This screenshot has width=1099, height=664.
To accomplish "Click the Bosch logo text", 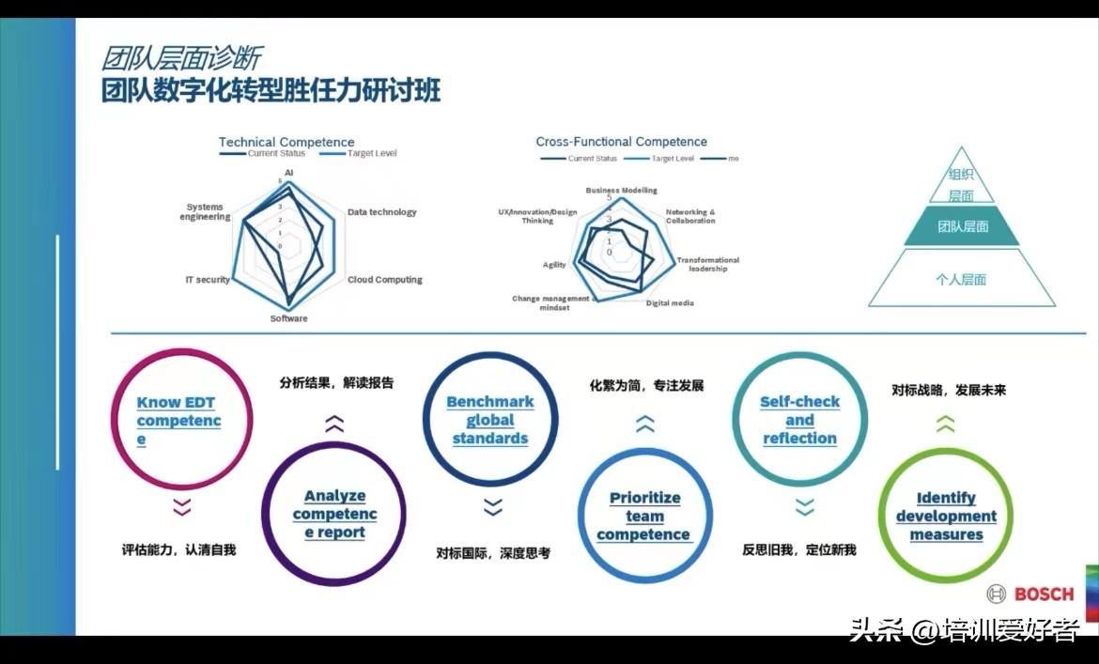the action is [1044, 594].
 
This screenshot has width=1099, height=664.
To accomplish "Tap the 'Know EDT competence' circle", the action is [180, 419].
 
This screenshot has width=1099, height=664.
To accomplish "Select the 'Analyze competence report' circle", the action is [333, 514].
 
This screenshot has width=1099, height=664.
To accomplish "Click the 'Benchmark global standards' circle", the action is [490, 419].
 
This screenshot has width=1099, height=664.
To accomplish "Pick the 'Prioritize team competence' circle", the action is [644, 516].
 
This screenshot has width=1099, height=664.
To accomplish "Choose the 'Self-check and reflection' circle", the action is [799, 419].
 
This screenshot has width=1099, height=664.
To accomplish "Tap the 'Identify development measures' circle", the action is [946, 516].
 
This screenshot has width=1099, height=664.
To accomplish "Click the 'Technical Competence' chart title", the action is [286, 142].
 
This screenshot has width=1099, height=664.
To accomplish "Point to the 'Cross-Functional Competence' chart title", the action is [621, 142].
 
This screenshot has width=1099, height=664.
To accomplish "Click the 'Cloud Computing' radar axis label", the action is [384, 280].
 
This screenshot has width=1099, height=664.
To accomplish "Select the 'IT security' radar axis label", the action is [208, 280].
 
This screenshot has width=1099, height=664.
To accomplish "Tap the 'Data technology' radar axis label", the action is [381, 212].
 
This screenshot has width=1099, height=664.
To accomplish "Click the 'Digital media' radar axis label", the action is [670, 303].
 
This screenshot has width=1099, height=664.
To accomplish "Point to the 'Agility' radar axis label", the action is [554, 265].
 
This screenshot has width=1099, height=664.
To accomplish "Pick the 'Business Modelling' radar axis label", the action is [621, 190].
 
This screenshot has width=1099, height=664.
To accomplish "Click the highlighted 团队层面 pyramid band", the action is [962, 226].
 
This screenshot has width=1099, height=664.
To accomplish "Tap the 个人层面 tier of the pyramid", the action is [961, 280].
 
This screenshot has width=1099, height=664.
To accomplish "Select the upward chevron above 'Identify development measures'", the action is [945, 425].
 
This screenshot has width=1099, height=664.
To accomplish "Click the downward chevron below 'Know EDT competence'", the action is [181, 507].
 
